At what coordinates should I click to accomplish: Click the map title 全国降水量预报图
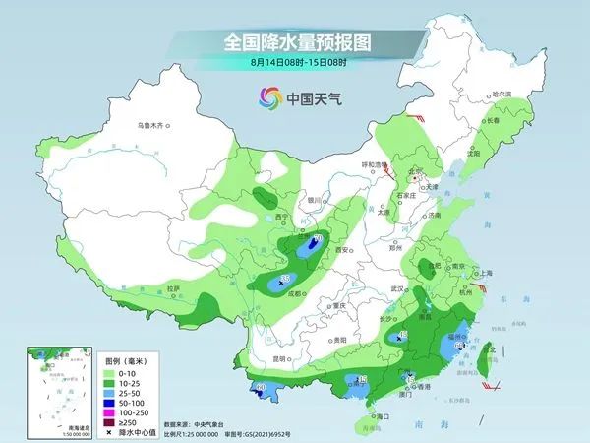point(295,42)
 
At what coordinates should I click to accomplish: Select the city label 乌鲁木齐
point(154,126)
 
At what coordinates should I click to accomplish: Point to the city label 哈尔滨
point(501,94)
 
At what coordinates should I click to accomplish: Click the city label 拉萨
point(173,289)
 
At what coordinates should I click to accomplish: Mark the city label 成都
point(299,292)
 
